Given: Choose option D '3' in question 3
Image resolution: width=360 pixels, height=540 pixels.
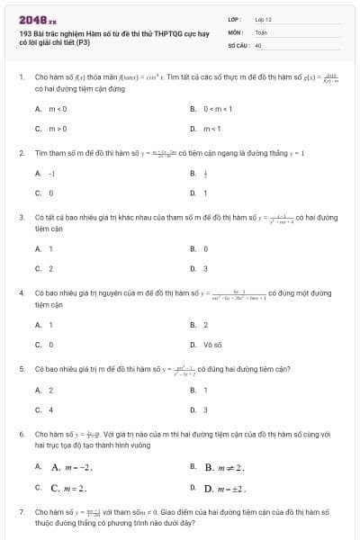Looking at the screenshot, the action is (x=206, y=268).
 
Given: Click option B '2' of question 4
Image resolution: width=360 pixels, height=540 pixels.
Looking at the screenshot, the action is (x=206, y=324).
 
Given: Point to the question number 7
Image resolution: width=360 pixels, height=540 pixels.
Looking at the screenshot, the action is (x=21, y=511).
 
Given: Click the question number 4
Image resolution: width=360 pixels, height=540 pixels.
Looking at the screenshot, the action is (x=21, y=293).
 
